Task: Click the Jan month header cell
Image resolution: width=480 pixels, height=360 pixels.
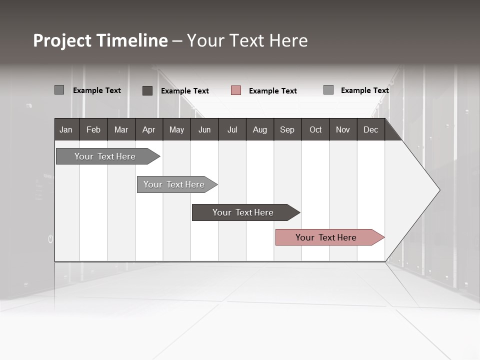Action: point(66,129)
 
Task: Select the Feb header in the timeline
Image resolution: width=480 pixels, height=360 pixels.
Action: point(93,129)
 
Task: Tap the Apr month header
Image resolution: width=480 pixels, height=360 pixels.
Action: point(149,129)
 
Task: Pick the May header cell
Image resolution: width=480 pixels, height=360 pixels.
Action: point(176,129)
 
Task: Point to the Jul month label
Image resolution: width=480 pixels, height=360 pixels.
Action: point(232,129)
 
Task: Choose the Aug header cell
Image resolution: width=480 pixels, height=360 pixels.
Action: point(260,129)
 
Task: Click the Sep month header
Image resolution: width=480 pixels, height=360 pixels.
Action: point(287,129)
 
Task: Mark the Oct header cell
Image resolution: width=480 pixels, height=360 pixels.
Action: point(315,129)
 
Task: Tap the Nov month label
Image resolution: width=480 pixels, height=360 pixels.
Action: point(343,129)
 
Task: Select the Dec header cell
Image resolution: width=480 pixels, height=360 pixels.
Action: point(371,129)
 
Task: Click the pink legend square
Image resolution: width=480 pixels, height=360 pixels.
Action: point(236,90)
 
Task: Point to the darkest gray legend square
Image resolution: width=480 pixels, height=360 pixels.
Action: point(147,90)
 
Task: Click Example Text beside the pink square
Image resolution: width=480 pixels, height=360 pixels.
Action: point(272,91)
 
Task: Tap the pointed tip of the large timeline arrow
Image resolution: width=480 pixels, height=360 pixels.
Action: point(439,189)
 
